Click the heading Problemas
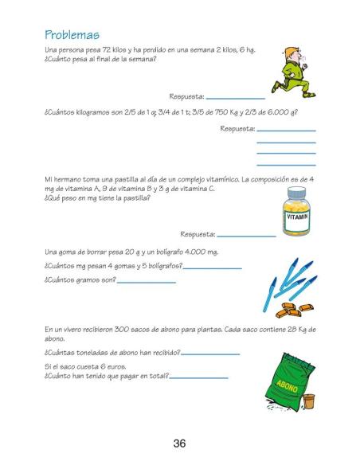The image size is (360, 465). (72, 35)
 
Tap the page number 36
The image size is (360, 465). (179, 443)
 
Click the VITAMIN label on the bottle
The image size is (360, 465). (296, 217)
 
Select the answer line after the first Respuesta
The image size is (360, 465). (236, 97)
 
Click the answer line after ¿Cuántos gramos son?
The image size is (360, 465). (146, 282)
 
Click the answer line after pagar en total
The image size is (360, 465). (198, 377)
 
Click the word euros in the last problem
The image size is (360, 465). (113, 366)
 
